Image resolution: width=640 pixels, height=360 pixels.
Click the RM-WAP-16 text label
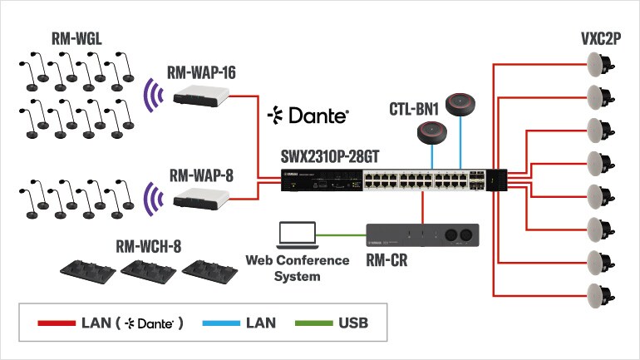[x=202, y=73]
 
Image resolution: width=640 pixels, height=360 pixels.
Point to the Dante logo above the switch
[x=308, y=115]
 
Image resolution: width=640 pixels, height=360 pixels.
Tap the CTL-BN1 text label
[x=415, y=109]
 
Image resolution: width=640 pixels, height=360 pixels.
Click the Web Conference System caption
[x=297, y=268]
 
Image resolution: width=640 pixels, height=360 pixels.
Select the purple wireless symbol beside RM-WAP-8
[x=151, y=198]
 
